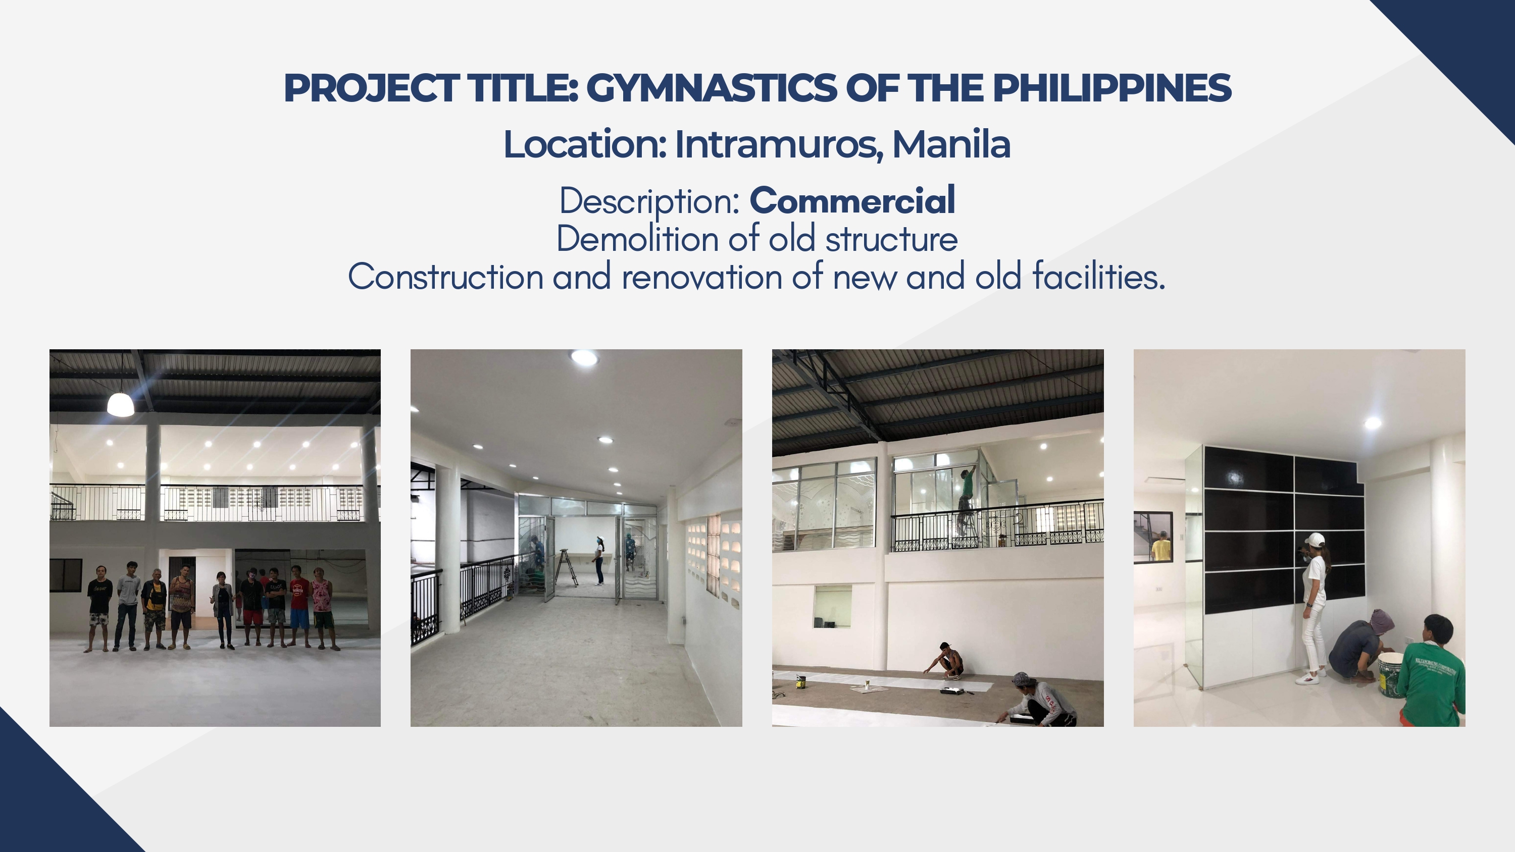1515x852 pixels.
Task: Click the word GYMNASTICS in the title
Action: (711, 88)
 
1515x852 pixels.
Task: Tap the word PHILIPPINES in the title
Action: (1112, 88)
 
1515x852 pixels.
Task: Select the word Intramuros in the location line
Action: (779, 144)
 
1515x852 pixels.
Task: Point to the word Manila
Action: (951, 144)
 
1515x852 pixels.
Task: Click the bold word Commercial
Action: (852, 200)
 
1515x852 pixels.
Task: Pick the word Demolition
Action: (637, 239)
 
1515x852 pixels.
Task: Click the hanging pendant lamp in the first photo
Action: (121, 404)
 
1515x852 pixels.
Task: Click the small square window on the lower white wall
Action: (832, 606)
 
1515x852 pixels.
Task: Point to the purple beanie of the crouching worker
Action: (1382, 620)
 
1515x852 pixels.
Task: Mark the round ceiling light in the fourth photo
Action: (1373, 423)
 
